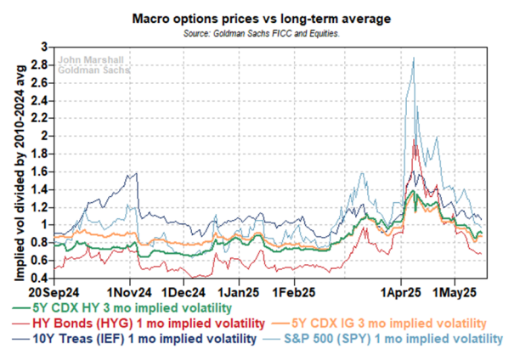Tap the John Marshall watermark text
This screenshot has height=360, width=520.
pyautogui.click(x=91, y=60)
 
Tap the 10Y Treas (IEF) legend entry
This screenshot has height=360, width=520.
pyautogui.click(x=133, y=340)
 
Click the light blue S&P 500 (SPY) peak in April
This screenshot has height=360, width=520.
pyautogui.click(x=413, y=59)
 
